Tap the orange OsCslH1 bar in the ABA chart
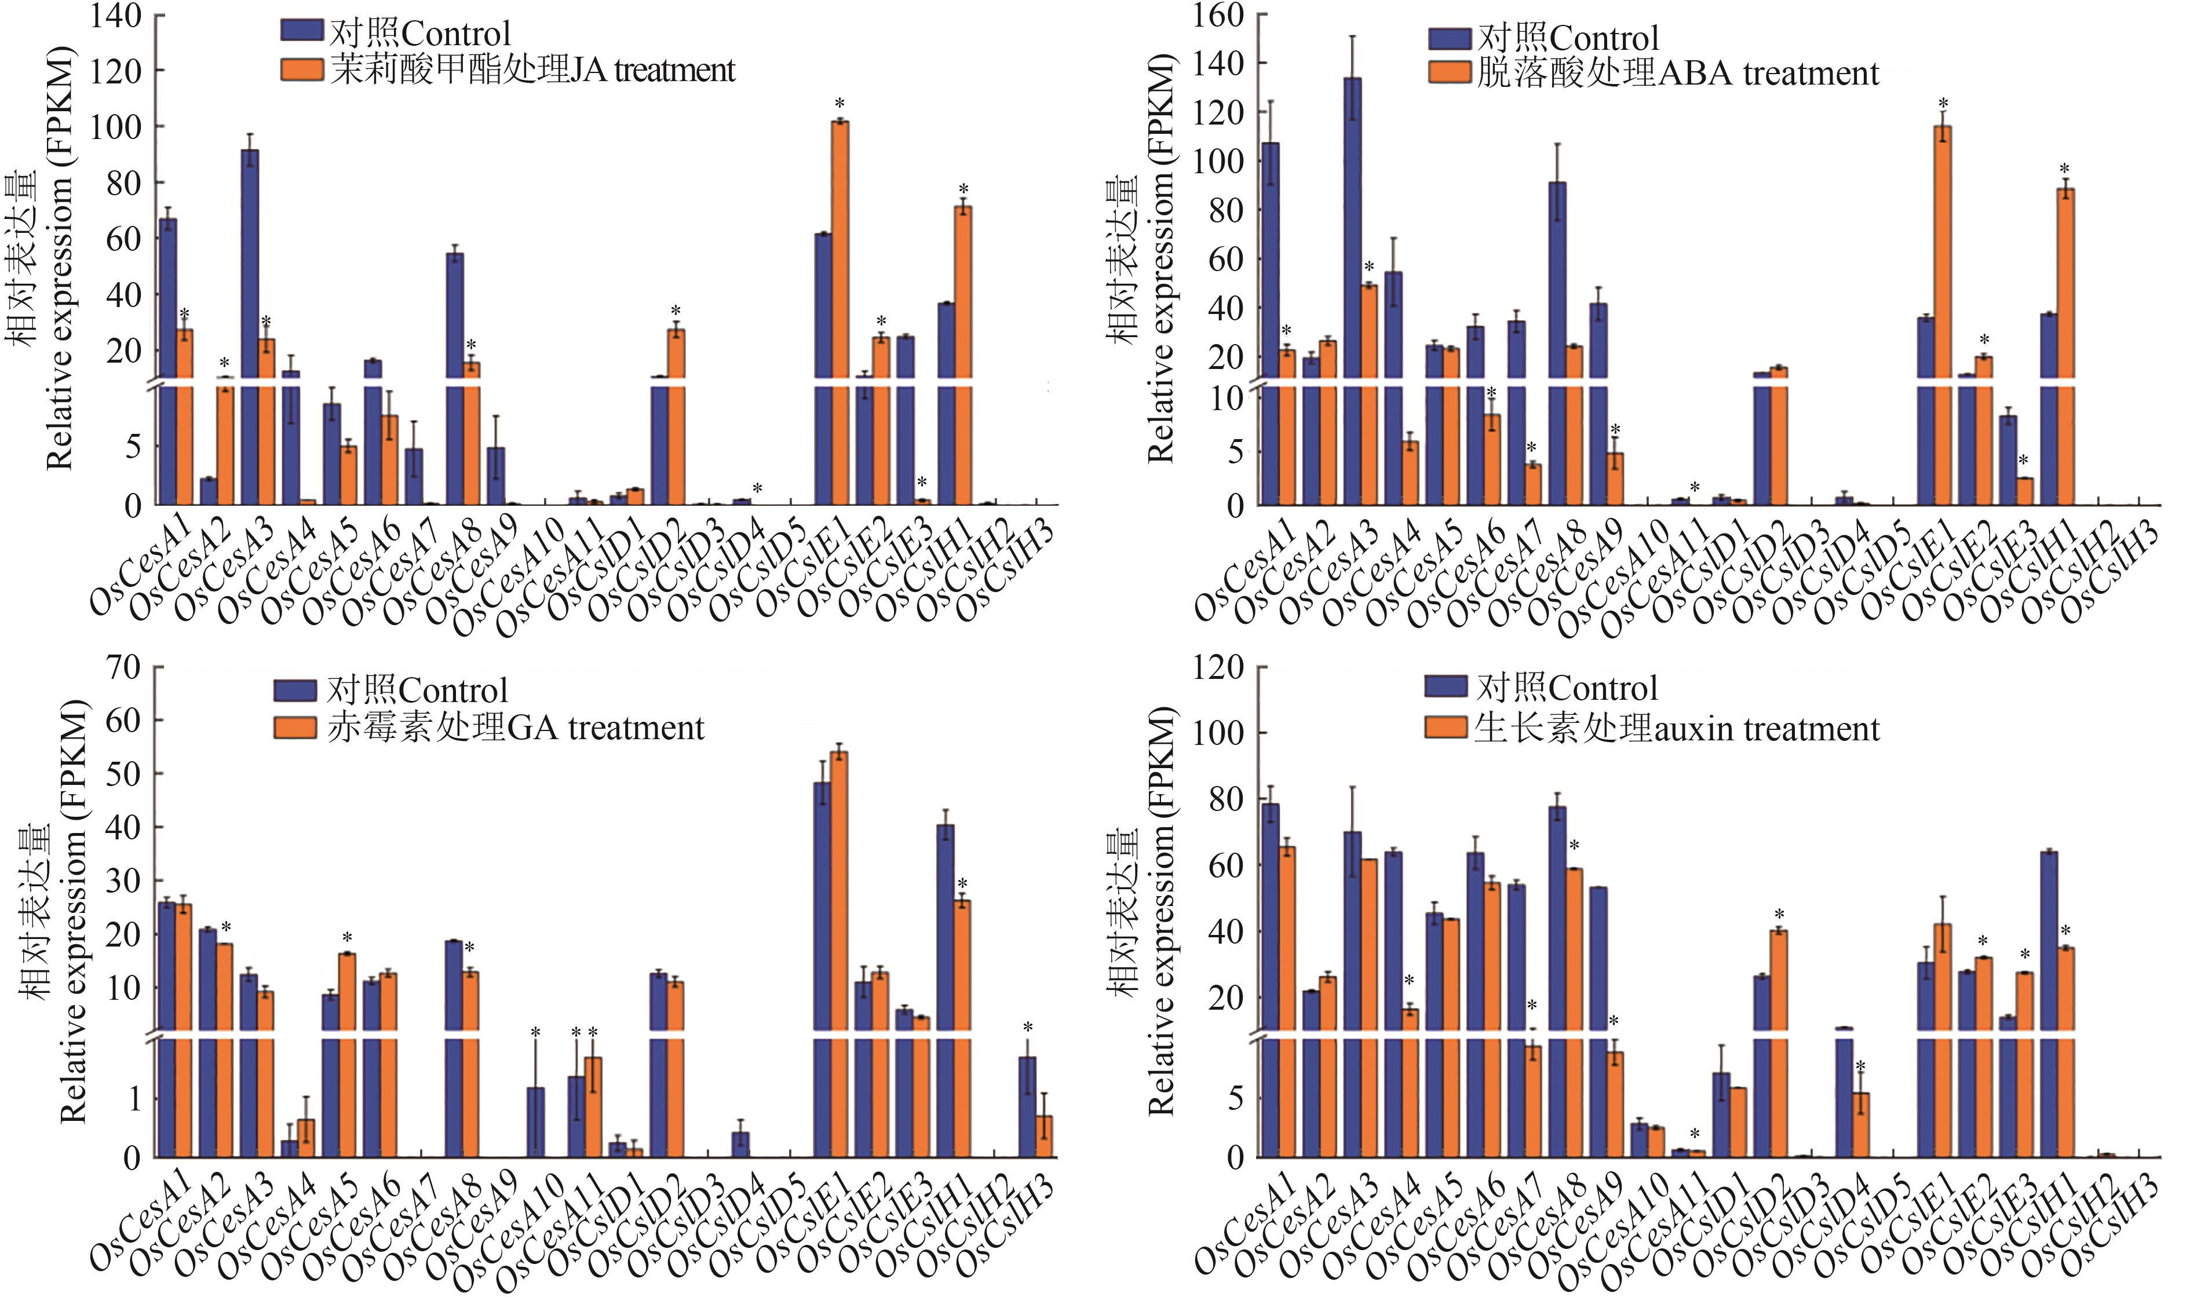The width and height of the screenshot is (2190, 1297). (x=2066, y=341)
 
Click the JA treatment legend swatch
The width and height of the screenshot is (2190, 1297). (x=301, y=70)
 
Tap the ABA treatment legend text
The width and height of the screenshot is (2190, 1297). (x=1677, y=74)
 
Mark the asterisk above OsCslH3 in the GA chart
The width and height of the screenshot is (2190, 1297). (x=1028, y=1028)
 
